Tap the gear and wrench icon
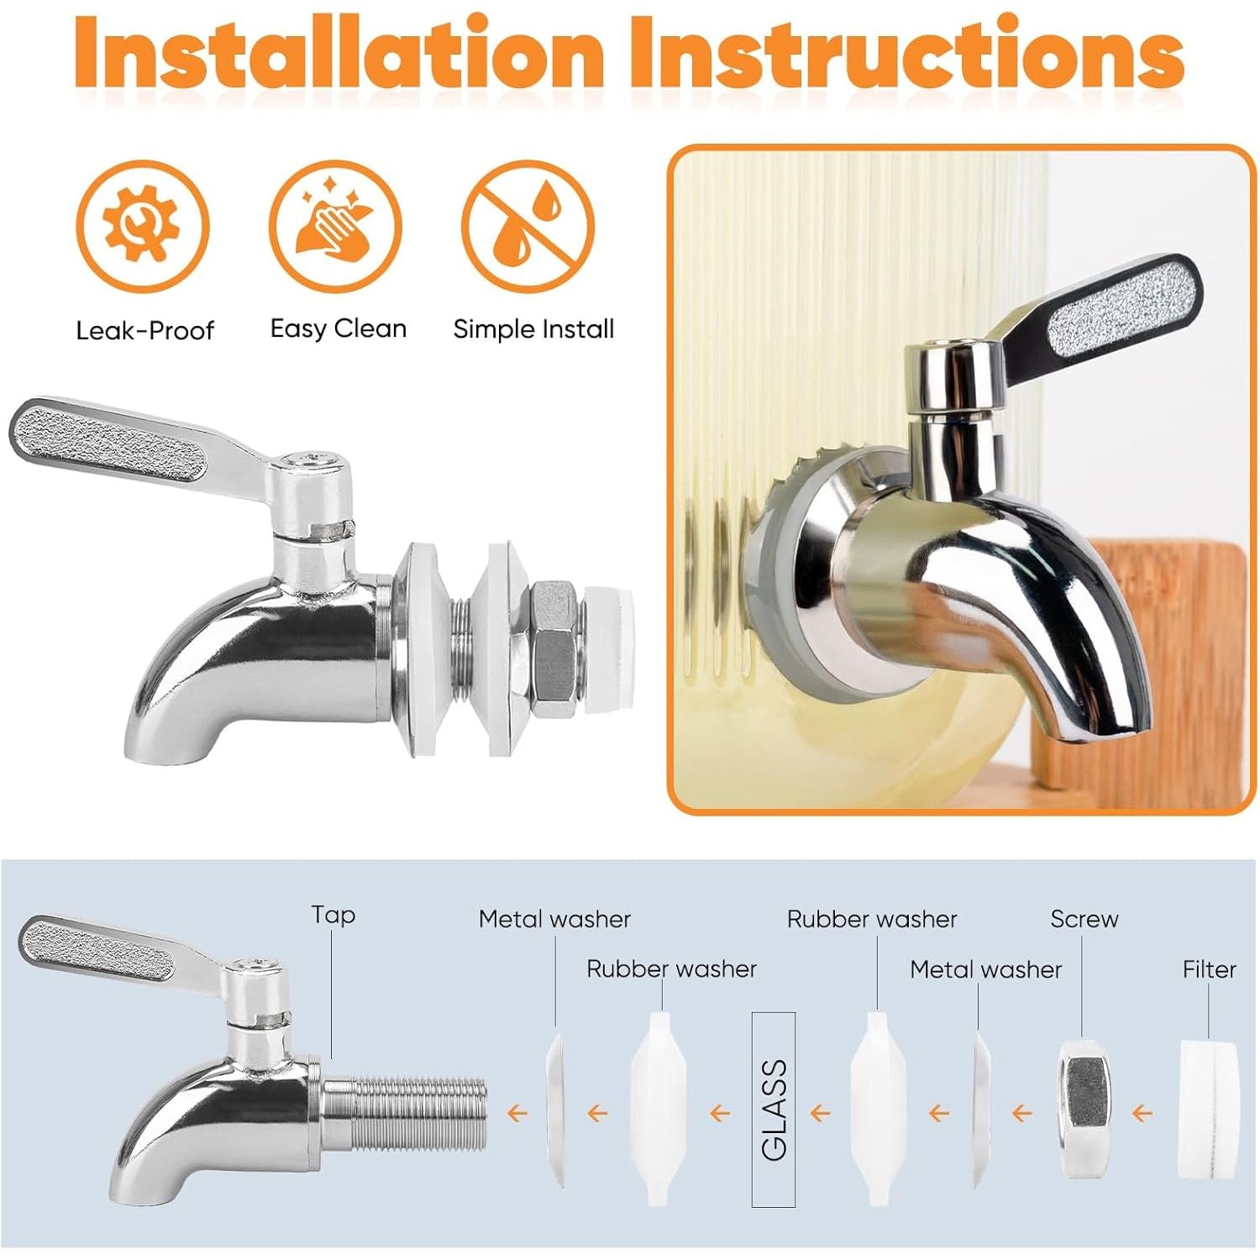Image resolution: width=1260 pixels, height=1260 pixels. [x=143, y=225]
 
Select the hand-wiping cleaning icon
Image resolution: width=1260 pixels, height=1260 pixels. [x=336, y=225]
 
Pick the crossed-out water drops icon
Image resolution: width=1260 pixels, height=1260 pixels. [x=528, y=225]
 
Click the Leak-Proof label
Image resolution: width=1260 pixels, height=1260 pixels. [x=144, y=330]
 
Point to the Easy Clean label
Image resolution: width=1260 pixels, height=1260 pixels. [x=338, y=328]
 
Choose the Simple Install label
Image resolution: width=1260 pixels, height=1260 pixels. [x=533, y=328]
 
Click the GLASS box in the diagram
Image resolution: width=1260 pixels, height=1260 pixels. [x=773, y=1109]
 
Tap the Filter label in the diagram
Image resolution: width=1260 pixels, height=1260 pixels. [x=1209, y=969]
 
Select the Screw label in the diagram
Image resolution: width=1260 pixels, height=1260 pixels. [x=1084, y=919]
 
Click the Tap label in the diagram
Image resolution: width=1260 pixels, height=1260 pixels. [x=333, y=915]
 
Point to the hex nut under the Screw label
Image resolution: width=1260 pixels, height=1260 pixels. [x=1084, y=1109]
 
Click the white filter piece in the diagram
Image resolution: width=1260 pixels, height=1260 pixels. [x=1210, y=1109]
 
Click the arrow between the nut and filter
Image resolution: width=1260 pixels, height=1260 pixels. [x=1142, y=1114]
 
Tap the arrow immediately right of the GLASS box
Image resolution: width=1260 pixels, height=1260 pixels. [x=820, y=1114]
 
